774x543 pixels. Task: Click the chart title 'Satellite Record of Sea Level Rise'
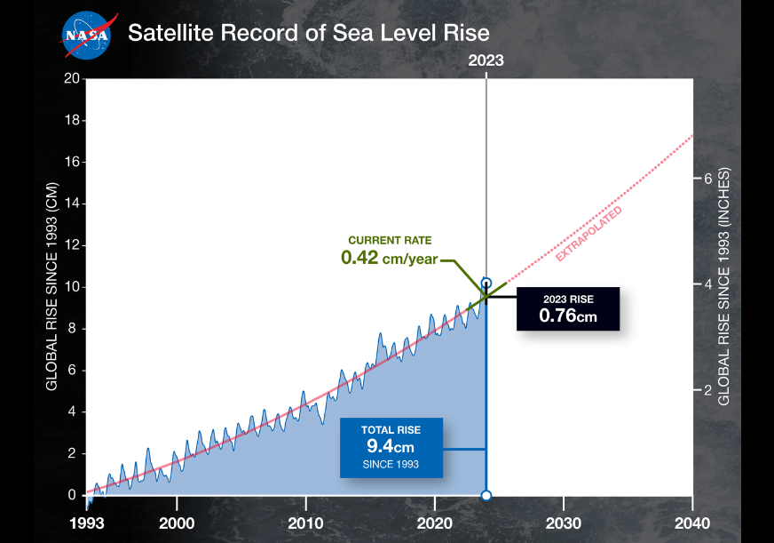[308, 34]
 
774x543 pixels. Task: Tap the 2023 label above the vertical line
[486, 61]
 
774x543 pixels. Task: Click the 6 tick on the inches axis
[708, 178]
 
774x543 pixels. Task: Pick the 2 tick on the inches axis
[708, 390]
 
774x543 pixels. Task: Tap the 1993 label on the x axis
[86, 523]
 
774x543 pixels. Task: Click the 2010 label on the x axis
[306, 523]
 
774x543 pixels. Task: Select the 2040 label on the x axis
[692, 523]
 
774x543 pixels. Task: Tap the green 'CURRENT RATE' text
[389, 241]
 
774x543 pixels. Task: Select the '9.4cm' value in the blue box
[390, 447]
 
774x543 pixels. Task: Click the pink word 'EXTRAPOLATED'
[588, 234]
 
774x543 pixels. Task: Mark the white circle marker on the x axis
[486, 495]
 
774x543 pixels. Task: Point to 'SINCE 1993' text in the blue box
[390, 464]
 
